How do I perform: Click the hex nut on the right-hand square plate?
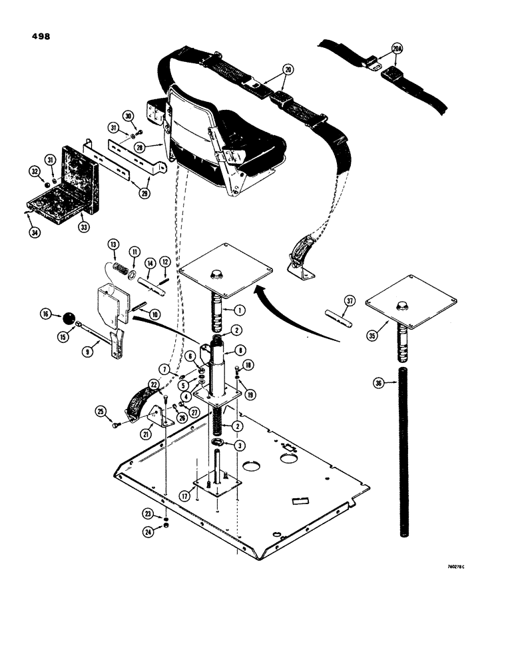(x=402, y=304)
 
